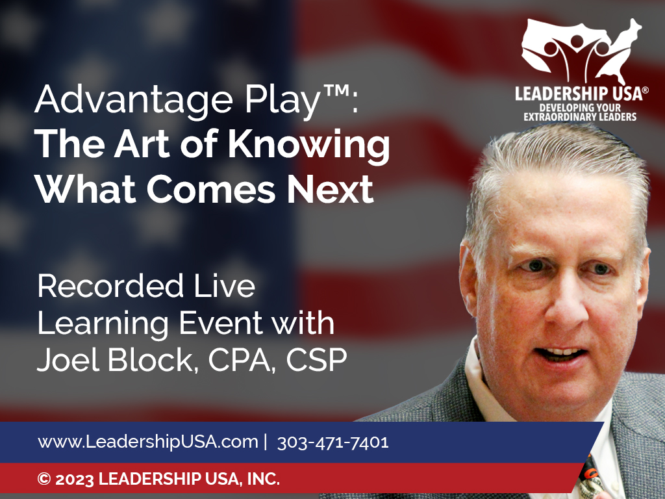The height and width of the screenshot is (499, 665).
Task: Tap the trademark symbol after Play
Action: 337,91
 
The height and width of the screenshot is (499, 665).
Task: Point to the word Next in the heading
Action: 330,189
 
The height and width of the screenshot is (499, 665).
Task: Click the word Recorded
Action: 110,286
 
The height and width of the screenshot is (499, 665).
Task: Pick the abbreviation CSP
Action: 316,360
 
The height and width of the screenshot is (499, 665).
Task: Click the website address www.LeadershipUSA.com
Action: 148,442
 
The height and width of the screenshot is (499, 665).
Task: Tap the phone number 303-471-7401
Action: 333,442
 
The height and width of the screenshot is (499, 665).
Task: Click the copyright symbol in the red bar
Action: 44,479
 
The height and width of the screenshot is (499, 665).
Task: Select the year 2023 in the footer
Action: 75,480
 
